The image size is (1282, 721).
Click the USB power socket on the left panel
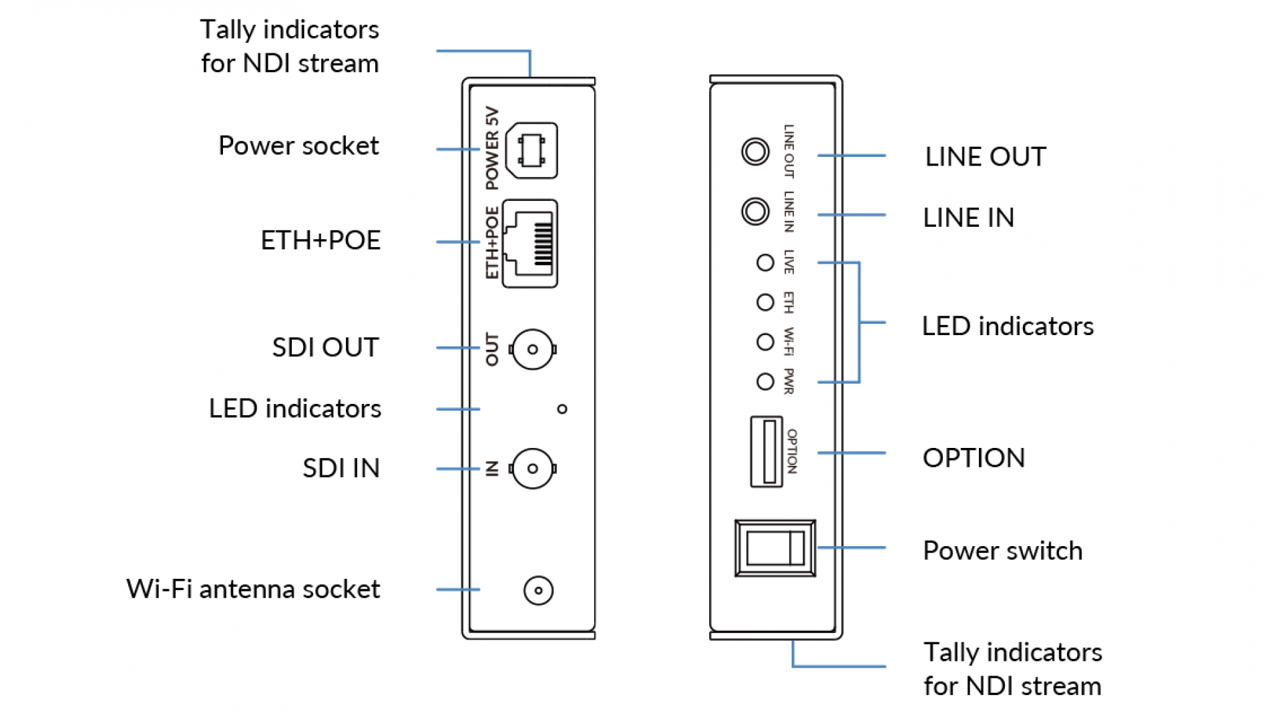(531, 150)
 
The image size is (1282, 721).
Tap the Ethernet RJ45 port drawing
(530, 244)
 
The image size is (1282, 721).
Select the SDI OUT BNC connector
(532, 349)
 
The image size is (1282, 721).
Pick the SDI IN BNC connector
(532, 469)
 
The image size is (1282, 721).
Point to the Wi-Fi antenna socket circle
(538, 590)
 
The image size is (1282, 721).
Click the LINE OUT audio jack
(755, 152)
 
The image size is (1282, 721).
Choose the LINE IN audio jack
(755, 212)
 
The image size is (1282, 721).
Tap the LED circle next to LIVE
(765, 263)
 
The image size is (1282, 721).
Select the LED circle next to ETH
(765, 302)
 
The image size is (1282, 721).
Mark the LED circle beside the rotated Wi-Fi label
(765, 342)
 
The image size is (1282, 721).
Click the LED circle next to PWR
(765, 381)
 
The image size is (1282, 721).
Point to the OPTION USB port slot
(767, 452)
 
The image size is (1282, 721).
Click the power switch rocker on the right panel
(775, 548)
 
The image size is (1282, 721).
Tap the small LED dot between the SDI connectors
(562, 409)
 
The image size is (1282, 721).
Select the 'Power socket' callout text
(298, 146)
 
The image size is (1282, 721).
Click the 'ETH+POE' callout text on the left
(320, 240)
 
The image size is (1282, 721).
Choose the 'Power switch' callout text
(1002, 551)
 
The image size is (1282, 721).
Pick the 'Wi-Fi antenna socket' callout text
(253, 589)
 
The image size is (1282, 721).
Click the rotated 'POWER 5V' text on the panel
(492, 148)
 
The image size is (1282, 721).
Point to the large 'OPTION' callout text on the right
(974, 458)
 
